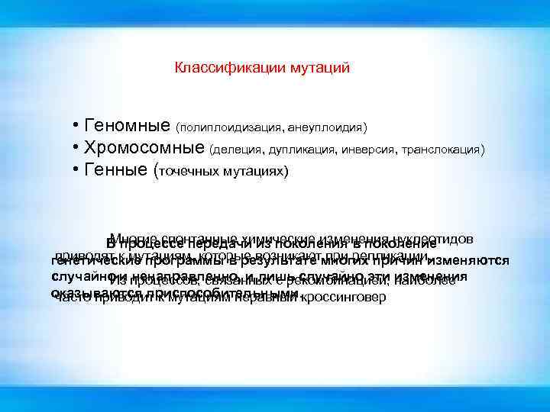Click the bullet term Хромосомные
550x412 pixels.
145,147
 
